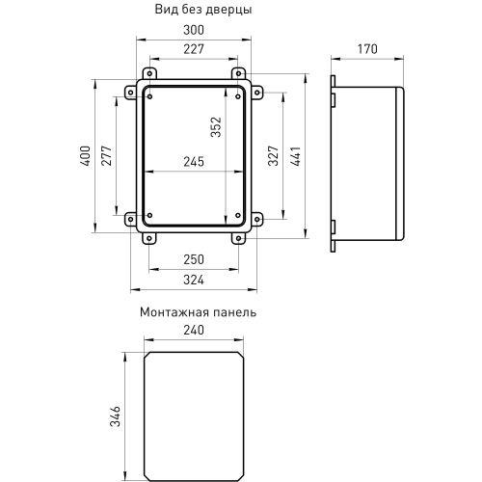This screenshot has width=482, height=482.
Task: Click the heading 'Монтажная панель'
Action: point(198,312)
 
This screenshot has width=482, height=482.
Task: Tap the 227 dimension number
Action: point(193,50)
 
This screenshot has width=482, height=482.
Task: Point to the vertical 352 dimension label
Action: point(217,127)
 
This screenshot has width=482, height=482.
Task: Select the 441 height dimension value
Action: point(296,154)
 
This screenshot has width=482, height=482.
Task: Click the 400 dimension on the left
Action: point(85,155)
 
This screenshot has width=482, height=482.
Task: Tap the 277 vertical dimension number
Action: point(106,155)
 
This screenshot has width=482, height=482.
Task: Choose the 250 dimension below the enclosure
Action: point(193,261)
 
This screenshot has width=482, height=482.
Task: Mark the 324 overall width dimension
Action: point(193,281)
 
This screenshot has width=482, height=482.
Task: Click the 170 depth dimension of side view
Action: point(366,49)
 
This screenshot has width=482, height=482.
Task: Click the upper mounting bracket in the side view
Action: point(332,97)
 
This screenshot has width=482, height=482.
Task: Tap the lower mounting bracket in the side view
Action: point(332,228)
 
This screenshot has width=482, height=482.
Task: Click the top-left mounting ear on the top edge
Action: point(149,74)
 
